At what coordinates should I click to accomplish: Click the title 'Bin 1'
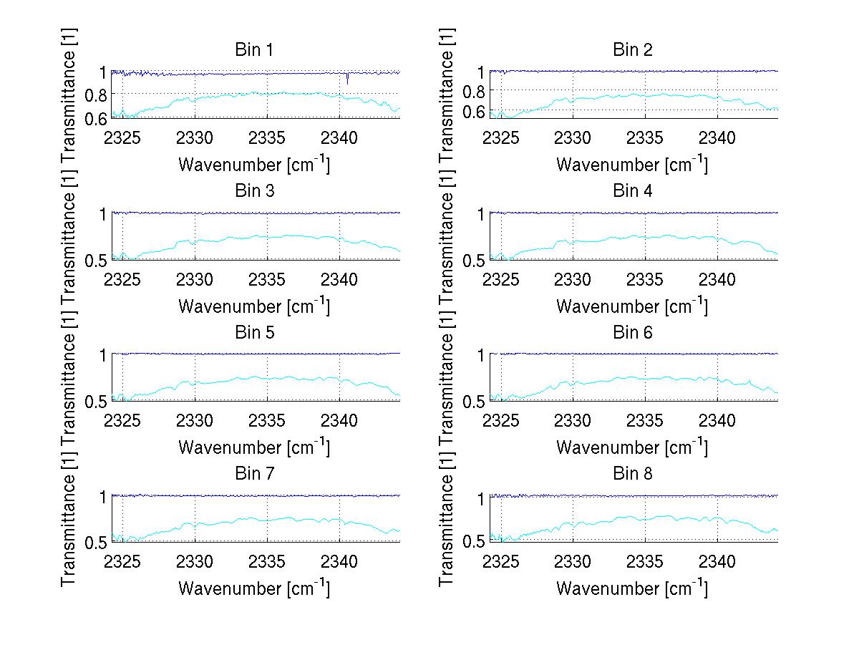tap(254, 50)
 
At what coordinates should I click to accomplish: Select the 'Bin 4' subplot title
tap(632, 191)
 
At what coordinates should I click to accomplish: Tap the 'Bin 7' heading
tap(254, 474)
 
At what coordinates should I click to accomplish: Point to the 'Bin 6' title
tap(632, 333)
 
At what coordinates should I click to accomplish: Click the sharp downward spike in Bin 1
tap(347, 80)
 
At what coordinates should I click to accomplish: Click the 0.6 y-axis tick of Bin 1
tap(97, 118)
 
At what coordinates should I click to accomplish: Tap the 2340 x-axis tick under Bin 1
tap(340, 137)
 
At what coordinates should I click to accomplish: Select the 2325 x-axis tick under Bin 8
tap(501, 561)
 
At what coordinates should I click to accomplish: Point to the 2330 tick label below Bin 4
tap(573, 279)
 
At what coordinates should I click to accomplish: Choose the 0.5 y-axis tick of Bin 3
tap(97, 260)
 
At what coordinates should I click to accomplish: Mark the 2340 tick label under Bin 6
tap(718, 420)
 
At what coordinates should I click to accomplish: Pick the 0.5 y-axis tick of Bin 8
tap(475, 542)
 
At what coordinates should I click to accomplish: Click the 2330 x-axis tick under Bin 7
tap(195, 561)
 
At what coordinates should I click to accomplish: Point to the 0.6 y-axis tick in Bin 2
tap(475, 111)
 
